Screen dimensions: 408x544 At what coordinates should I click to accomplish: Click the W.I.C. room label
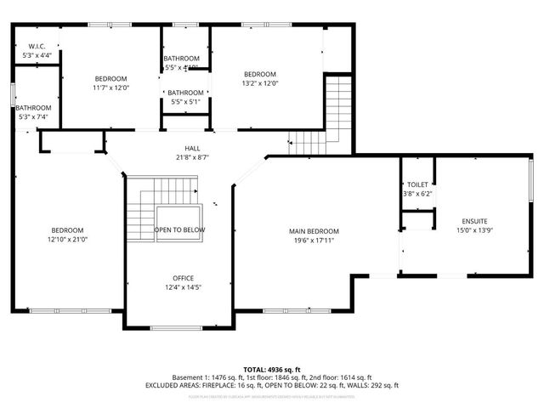[x=37, y=46]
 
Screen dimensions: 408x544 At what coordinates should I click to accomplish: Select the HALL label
[x=192, y=148]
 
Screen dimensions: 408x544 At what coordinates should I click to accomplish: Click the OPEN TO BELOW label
[x=179, y=229]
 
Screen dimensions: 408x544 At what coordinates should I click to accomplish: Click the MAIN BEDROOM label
[x=314, y=231]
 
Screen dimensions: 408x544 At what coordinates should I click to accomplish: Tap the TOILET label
[x=417, y=184]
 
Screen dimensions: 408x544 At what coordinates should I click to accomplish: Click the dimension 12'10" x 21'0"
[x=67, y=240]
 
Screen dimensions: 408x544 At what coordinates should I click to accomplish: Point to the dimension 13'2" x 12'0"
[x=260, y=83]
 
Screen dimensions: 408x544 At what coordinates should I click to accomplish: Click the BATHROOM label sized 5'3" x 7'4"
[x=33, y=108]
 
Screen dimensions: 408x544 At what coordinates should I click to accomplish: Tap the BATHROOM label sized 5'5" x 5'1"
[x=185, y=93]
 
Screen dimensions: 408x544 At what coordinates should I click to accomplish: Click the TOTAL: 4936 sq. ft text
[x=272, y=369]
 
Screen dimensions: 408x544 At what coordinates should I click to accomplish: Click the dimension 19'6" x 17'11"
[x=314, y=241]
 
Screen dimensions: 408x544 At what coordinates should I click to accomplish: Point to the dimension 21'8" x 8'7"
[x=192, y=157]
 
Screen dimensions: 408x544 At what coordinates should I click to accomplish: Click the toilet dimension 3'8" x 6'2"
[x=417, y=194]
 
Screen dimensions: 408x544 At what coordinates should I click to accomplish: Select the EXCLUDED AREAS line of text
[x=272, y=385]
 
